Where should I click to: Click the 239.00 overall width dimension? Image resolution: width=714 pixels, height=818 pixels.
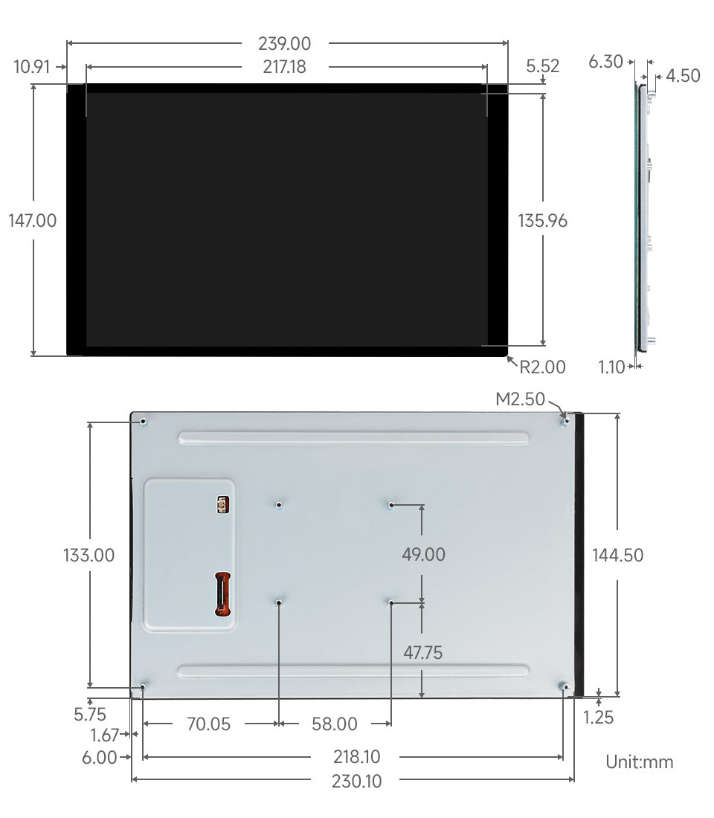(284, 44)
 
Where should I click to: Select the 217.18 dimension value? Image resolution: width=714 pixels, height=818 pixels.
(284, 67)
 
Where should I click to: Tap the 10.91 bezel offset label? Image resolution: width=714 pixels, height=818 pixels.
(31, 67)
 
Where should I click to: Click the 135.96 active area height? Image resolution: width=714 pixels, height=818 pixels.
(543, 221)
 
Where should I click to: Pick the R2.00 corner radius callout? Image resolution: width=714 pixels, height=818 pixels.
(542, 367)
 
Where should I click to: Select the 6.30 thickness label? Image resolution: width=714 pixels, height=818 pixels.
(605, 62)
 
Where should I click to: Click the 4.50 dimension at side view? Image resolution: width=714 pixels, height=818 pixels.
(683, 75)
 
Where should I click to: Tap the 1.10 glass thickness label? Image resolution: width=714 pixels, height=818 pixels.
(612, 366)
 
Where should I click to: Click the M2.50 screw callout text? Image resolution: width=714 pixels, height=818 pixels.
(521, 399)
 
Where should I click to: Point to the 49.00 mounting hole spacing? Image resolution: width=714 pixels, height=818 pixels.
(423, 555)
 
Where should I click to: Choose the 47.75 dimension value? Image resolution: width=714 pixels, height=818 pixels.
(422, 653)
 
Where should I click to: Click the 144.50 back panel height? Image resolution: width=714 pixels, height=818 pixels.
(618, 555)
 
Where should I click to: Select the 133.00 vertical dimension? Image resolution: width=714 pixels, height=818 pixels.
(89, 555)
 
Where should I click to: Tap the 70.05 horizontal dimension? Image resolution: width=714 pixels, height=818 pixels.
(209, 724)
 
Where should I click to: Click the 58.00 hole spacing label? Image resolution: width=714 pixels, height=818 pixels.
(334, 724)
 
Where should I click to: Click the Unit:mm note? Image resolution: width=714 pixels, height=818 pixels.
(640, 761)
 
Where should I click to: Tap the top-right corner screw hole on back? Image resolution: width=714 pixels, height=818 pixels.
(566, 422)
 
